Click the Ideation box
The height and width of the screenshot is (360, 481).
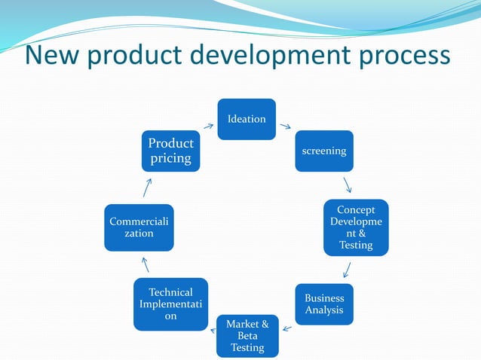point(247,119)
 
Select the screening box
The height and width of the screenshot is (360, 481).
point(323,151)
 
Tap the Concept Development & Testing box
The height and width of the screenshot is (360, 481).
point(356,227)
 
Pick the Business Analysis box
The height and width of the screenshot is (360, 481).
point(323,304)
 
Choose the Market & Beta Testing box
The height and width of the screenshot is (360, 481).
point(247,335)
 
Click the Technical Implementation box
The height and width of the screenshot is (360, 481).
point(170,304)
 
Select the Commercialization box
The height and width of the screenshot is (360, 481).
point(139,227)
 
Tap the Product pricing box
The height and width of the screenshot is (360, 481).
point(170,151)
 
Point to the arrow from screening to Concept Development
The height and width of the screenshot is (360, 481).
point(347,185)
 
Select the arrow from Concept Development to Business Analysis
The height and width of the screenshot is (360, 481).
point(346,270)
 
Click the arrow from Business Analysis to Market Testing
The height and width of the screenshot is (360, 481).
point(286,327)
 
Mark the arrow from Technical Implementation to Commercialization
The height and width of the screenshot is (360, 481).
point(146,264)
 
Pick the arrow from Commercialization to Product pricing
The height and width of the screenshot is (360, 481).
point(147,188)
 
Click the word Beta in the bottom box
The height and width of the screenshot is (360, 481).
point(247,336)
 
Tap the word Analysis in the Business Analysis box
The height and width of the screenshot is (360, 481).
point(323,310)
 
